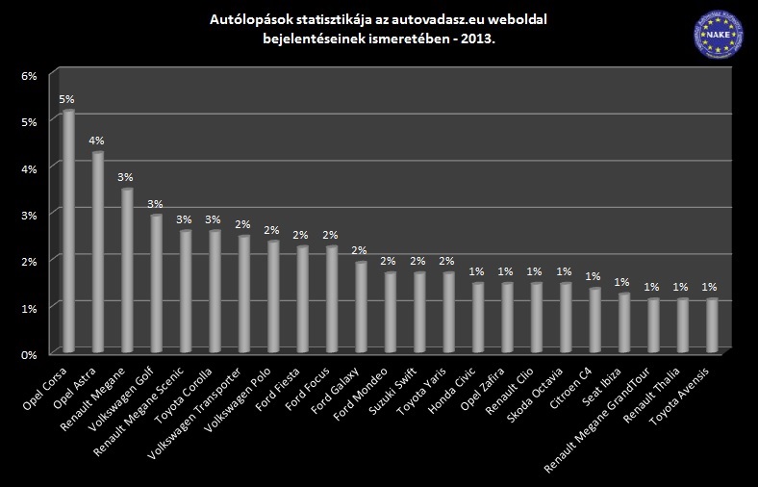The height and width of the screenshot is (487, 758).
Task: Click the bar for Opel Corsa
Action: point(68,231)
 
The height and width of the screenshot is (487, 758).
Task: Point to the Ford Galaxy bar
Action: point(361,306)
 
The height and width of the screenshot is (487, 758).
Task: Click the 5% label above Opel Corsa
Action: point(66,99)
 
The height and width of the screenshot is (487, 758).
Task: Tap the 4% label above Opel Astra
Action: point(96,141)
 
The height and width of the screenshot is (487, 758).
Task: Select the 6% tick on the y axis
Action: point(29,75)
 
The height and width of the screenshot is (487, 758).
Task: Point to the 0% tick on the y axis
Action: point(29,354)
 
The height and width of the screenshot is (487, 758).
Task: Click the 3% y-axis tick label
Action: point(29,214)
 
